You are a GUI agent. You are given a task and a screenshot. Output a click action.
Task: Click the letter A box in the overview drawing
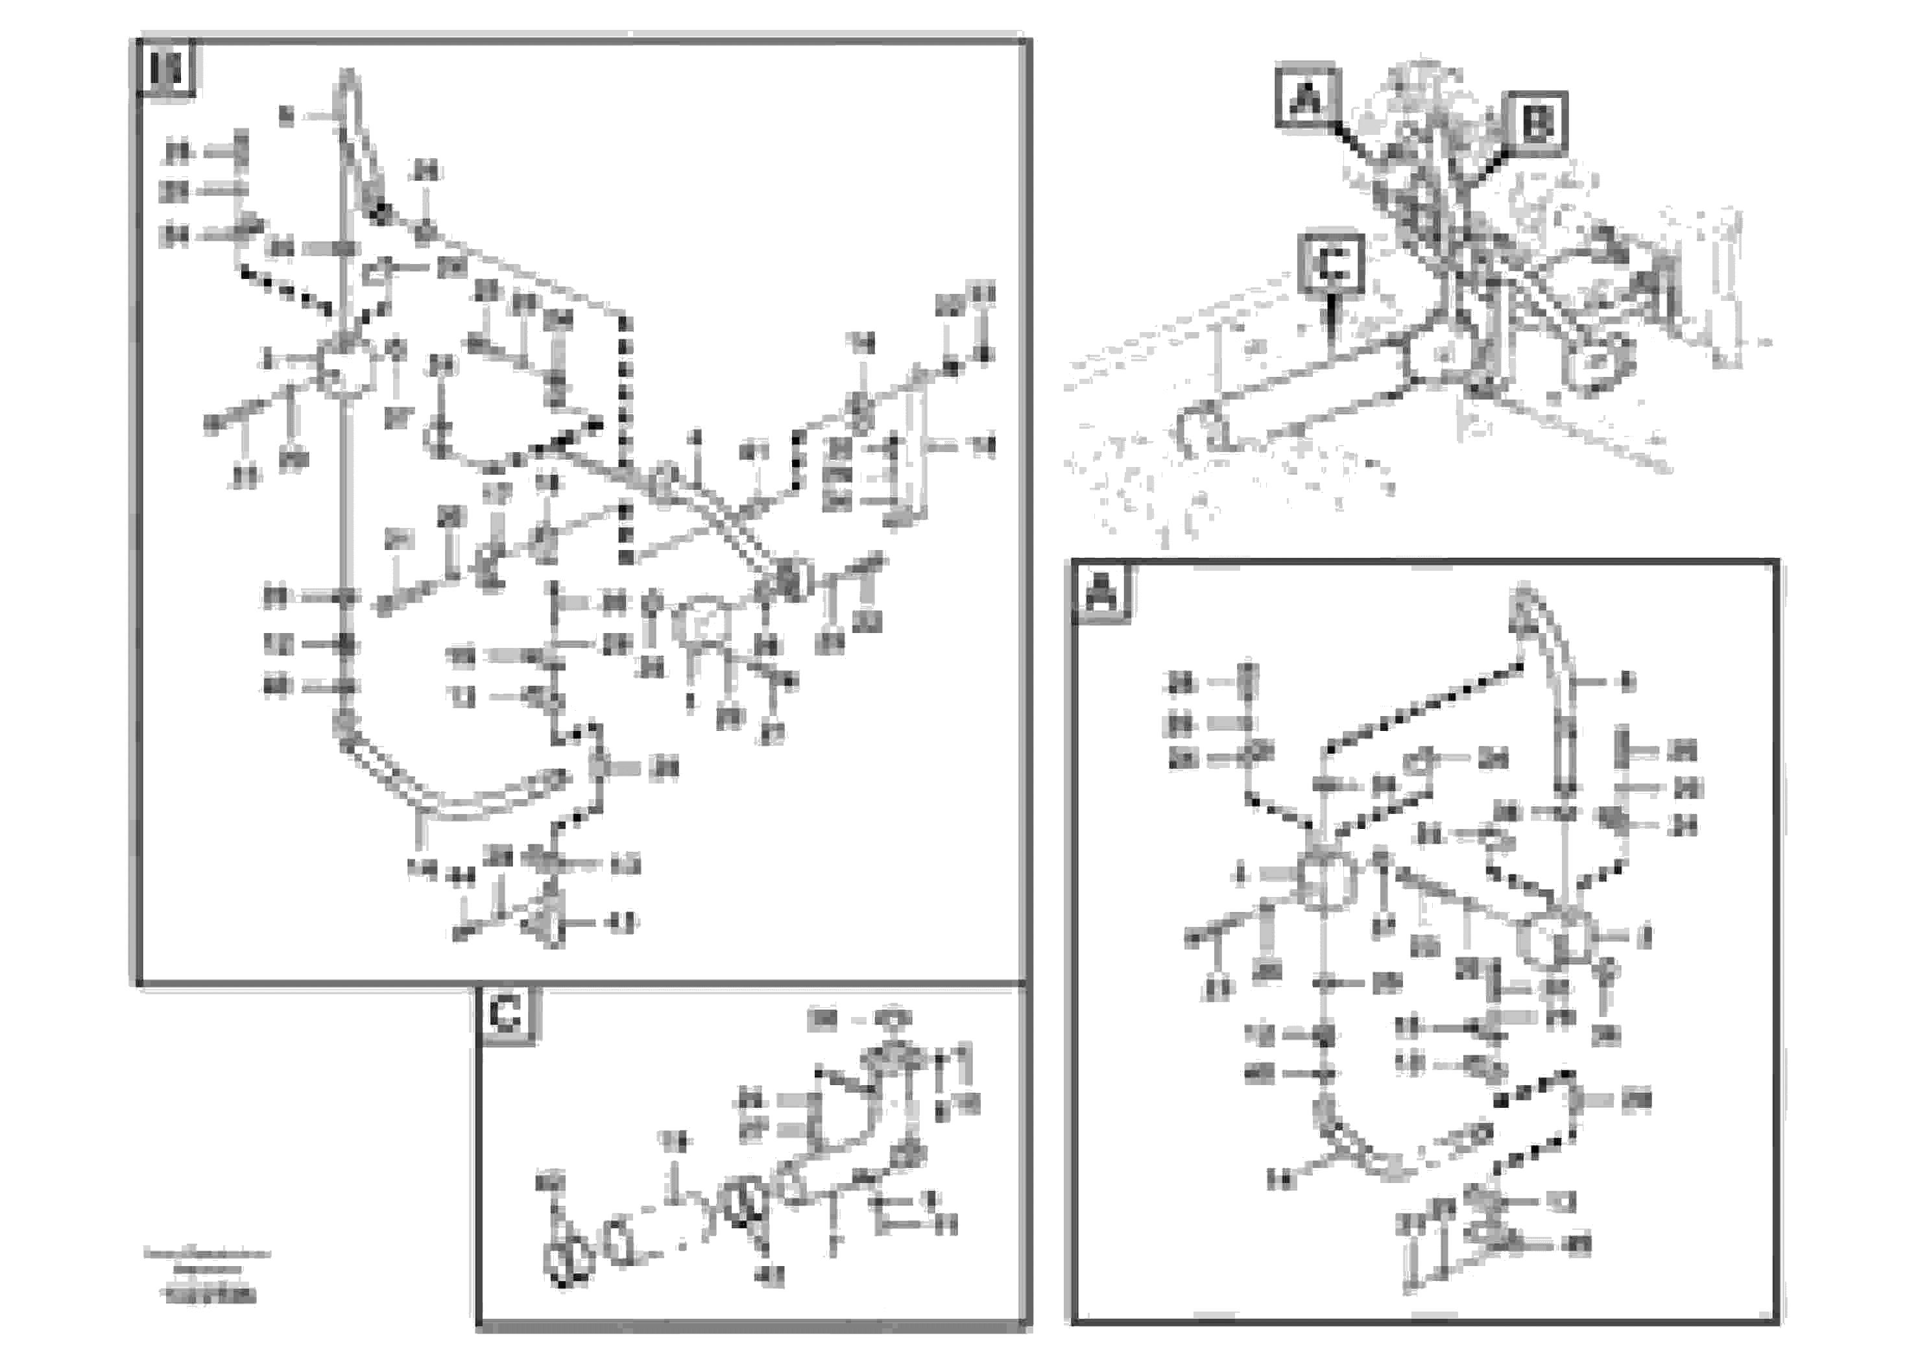point(1306,97)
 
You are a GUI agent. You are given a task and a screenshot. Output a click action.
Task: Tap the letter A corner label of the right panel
point(1101,593)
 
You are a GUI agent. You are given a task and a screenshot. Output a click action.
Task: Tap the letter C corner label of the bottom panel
point(505,1015)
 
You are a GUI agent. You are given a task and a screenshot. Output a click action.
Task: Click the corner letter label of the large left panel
point(165,69)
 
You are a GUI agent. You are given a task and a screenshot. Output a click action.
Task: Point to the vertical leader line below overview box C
point(1330,324)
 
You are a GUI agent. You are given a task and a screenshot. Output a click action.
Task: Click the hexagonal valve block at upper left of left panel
point(345,368)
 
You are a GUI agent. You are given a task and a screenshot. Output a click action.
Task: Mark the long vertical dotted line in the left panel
point(624,437)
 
